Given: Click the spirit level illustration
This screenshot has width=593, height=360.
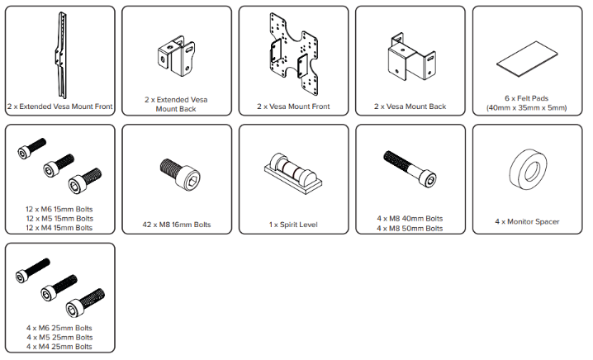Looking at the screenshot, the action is pyautogui.click(x=293, y=173).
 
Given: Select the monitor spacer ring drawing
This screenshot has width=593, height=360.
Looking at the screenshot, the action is pyautogui.click(x=528, y=169).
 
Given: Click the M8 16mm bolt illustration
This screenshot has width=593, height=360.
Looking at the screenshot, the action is pyautogui.click(x=180, y=174).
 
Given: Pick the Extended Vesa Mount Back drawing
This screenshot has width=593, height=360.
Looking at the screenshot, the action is pyautogui.click(x=176, y=56).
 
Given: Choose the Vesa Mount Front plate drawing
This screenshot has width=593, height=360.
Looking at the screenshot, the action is pyautogui.click(x=293, y=54).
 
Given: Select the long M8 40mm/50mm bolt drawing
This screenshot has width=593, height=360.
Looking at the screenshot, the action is pyautogui.click(x=410, y=168).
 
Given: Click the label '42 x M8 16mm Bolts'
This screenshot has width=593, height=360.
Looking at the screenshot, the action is pyautogui.click(x=177, y=225).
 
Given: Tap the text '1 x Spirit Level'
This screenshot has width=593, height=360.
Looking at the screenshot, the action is pyautogui.click(x=293, y=225).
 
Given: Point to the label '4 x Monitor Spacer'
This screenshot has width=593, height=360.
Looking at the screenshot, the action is pyautogui.click(x=527, y=221).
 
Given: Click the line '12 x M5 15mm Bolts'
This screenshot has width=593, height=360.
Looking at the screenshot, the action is pyautogui.click(x=59, y=219).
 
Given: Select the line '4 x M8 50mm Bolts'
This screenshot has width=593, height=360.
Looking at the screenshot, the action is pyautogui.click(x=410, y=229).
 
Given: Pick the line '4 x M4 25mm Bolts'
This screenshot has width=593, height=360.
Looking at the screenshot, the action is pyautogui.click(x=59, y=347).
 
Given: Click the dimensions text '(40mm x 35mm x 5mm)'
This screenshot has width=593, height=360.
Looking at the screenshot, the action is pyautogui.click(x=527, y=108).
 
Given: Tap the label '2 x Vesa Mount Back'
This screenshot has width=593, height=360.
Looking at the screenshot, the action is pyautogui.click(x=410, y=107).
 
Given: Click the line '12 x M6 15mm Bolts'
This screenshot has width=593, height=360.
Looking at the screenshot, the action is pyautogui.click(x=59, y=209).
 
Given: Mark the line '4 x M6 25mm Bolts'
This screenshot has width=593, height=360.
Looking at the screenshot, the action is pyautogui.click(x=59, y=328).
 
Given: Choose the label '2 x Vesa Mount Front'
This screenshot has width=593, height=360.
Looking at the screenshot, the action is pyautogui.click(x=293, y=107).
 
